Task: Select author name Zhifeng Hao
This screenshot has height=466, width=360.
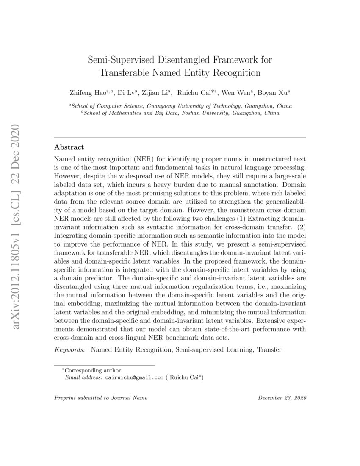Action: [88, 92]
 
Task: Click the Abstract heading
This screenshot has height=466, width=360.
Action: [69, 148]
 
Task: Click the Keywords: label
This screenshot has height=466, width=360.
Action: [70, 351]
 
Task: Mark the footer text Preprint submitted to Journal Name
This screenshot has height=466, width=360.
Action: [101, 399]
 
